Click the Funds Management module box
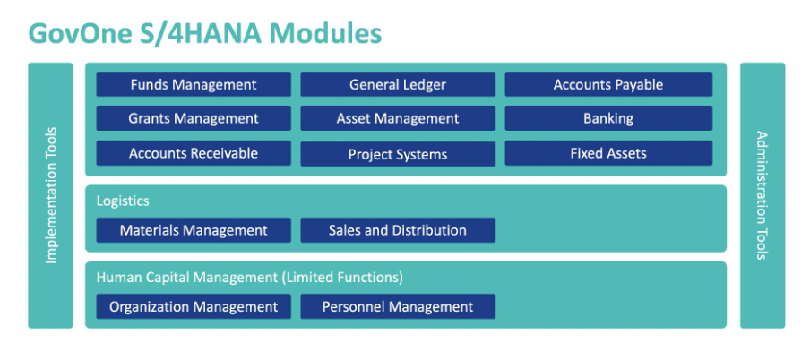[x=194, y=84]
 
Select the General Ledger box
[x=398, y=84]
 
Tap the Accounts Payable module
[x=608, y=84]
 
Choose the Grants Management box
[x=194, y=118]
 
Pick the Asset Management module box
[x=398, y=118]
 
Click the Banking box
[x=608, y=118]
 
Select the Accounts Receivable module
[x=194, y=153]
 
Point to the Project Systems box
[x=398, y=154]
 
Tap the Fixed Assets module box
[x=608, y=153]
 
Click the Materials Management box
[x=194, y=230]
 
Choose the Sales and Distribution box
[x=398, y=230]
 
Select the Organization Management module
[x=194, y=306]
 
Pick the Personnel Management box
[x=398, y=306]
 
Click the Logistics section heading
[x=123, y=201]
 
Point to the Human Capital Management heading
[x=249, y=278]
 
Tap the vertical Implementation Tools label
[x=50, y=195]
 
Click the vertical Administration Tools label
[x=763, y=195]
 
